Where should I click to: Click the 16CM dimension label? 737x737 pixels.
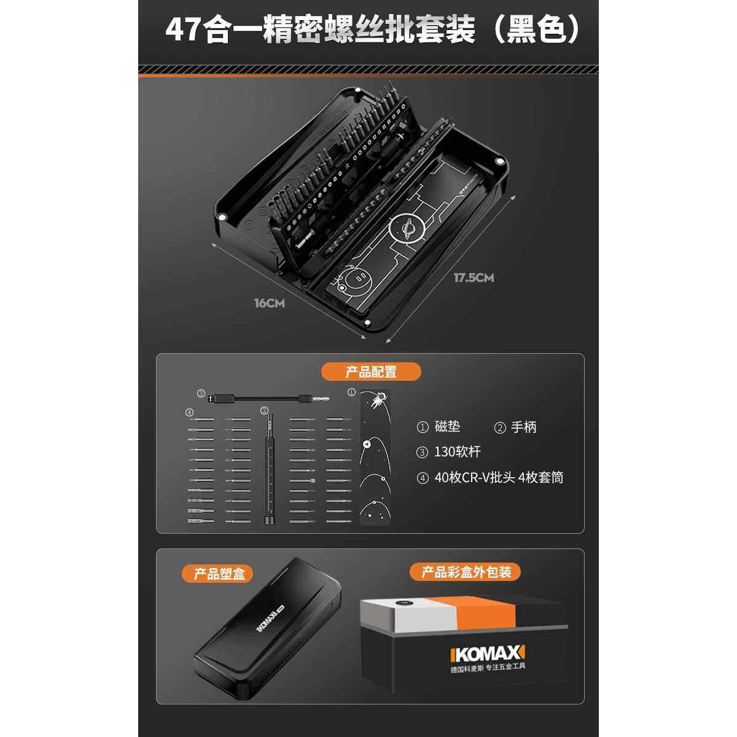270,303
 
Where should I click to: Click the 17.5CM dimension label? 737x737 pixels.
474,278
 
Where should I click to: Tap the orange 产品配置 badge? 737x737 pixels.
371,372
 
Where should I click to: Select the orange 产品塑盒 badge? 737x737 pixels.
219,574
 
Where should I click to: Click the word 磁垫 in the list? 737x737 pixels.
447,427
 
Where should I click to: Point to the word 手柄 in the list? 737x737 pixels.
524,427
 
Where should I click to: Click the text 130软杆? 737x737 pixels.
457,452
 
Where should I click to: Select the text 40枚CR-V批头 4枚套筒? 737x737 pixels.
499,477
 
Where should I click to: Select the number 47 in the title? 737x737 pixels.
184,29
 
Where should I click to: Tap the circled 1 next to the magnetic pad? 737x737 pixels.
351,392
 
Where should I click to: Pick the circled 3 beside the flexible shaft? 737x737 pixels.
201,393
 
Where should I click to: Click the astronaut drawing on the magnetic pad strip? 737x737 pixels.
374,403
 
